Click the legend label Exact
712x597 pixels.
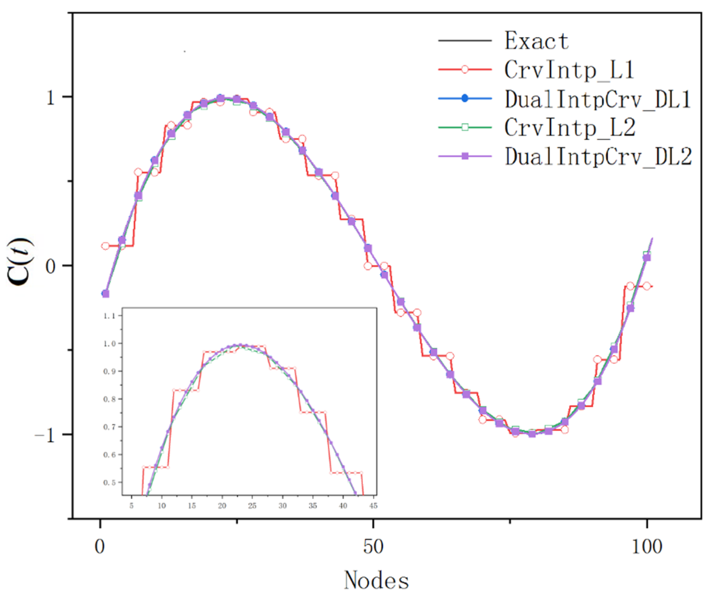[x=536, y=41]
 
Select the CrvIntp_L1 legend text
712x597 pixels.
[x=569, y=70]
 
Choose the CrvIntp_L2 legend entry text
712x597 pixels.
[x=569, y=128]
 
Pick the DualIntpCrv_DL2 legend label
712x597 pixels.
[x=598, y=157]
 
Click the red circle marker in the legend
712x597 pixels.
[x=465, y=69]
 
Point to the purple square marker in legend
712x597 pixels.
[x=465, y=156]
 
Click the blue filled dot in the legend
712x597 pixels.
[x=465, y=98]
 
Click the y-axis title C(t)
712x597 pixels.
[x=20, y=262]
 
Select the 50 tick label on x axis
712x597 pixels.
[x=373, y=546]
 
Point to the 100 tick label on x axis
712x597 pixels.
[x=646, y=546]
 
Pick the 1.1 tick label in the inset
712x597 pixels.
[x=109, y=316]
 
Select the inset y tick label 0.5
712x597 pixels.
[x=109, y=482]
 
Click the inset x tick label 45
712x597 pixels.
[x=373, y=506]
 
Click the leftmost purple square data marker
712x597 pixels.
[x=106, y=294]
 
